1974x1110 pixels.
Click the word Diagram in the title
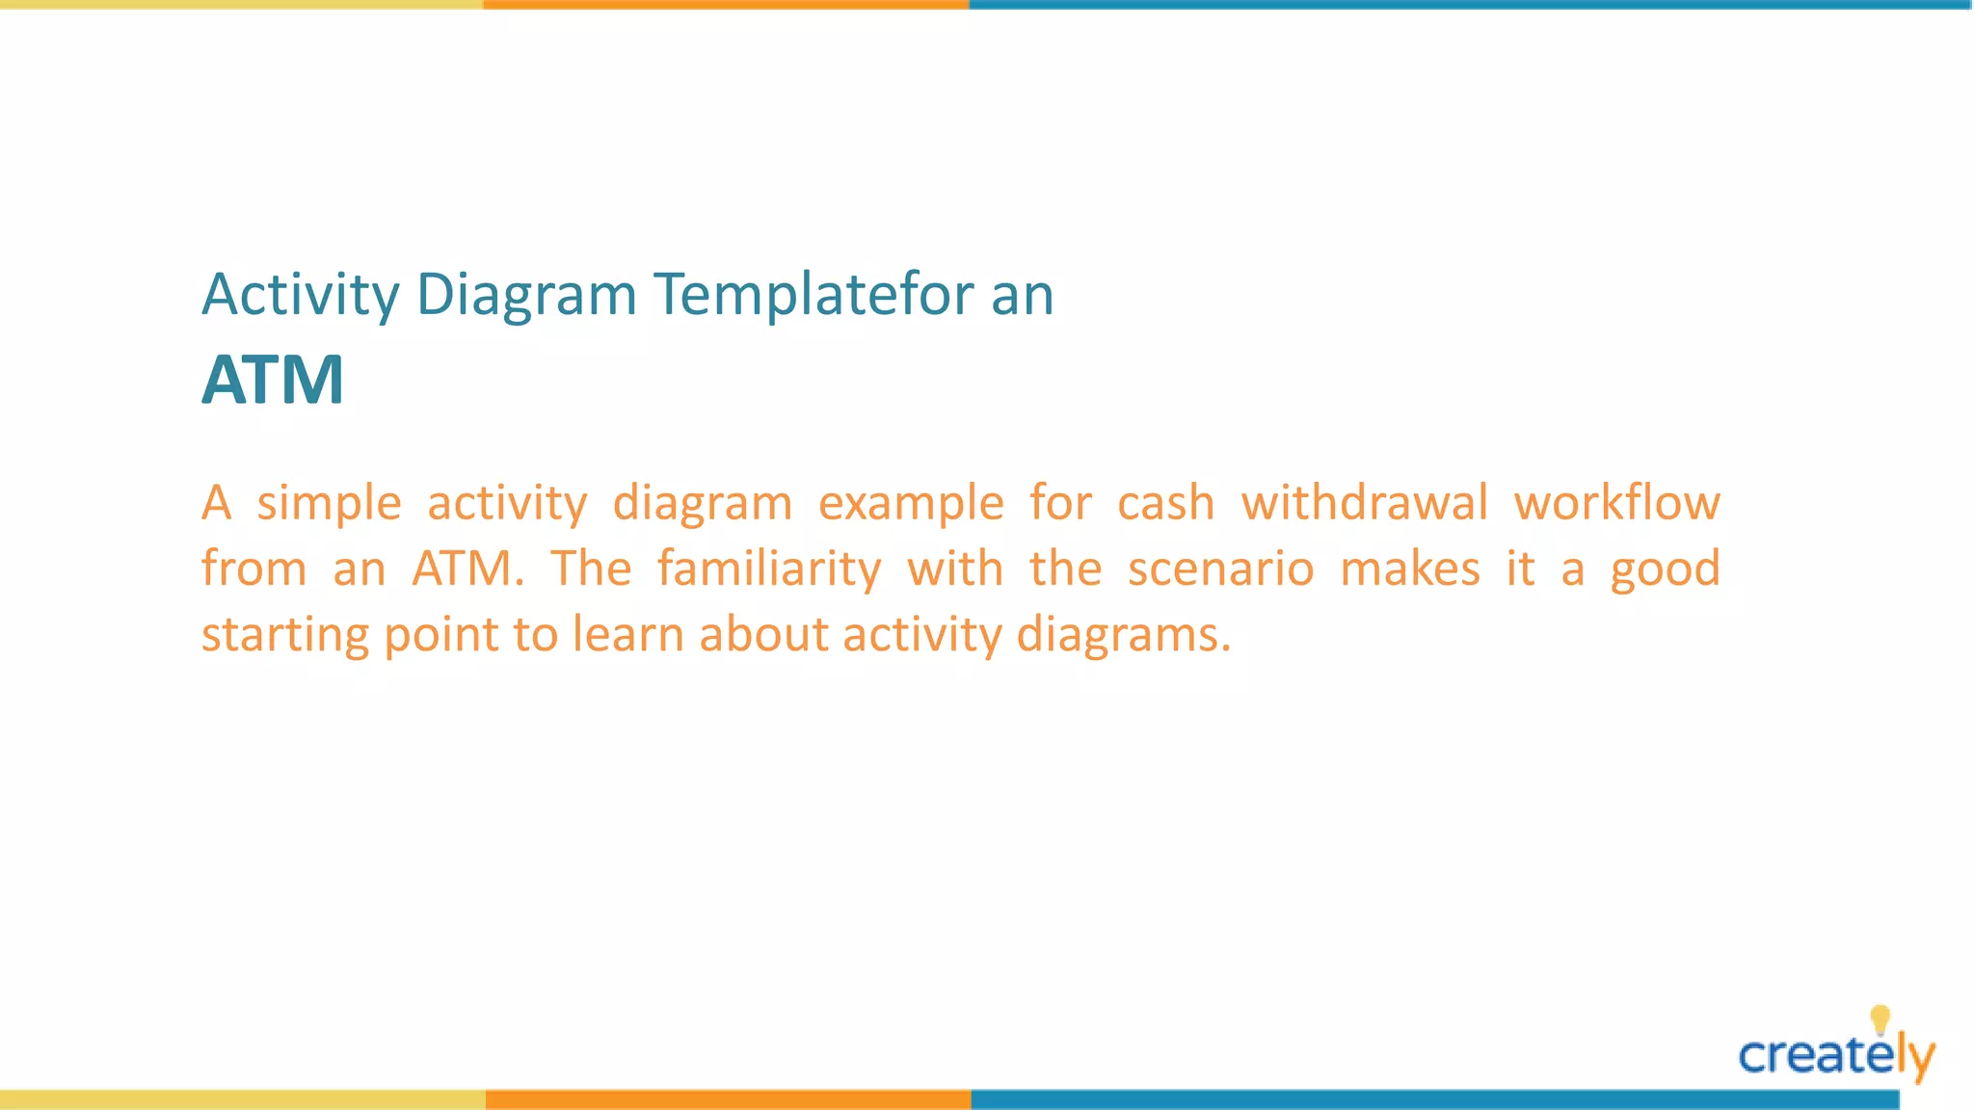click(525, 294)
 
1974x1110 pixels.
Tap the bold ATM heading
click(273, 380)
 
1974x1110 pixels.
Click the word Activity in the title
click(300, 294)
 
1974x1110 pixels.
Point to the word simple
click(329, 504)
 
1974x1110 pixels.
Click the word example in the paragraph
click(911, 504)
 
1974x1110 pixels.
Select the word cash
click(1165, 504)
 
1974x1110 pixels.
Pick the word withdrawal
click(1364, 502)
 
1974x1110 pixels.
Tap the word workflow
click(1616, 502)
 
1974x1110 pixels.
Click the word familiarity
click(769, 568)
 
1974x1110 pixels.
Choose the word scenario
click(1220, 568)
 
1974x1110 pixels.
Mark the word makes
click(1409, 568)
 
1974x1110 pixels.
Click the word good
click(1665, 568)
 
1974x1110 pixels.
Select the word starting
click(284, 635)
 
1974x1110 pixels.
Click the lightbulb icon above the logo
click(1880, 1018)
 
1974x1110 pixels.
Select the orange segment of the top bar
click(726, 5)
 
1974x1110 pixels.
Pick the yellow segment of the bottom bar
click(242, 1099)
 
